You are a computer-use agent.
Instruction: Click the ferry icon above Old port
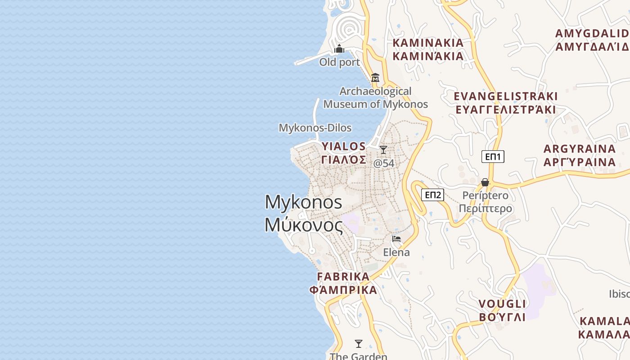coord(339,49)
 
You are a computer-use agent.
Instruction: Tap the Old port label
coord(340,62)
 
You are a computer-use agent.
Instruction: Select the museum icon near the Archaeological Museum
coord(375,77)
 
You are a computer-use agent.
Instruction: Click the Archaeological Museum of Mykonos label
coord(376,98)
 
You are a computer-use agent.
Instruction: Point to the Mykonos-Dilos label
coord(315,128)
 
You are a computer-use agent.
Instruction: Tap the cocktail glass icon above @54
coord(383,150)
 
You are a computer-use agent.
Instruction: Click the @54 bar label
coord(384,163)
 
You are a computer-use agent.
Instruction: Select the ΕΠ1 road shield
coord(493,157)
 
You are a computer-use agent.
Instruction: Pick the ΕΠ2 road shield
coord(433,195)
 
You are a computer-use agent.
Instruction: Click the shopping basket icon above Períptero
coord(485,182)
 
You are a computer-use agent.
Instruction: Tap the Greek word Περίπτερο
coord(486,208)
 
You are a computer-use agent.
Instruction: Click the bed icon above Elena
coord(396,239)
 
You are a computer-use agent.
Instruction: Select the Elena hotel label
coord(396,252)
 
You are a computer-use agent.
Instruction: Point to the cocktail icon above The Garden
coord(359,344)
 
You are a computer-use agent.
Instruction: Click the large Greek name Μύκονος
coord(304,225)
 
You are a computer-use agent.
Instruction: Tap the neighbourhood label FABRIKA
coord(343,276)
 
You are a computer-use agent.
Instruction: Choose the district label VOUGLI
coord(502,304)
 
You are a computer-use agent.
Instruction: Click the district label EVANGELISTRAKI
coord(506,96)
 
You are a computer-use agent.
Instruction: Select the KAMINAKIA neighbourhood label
coord(428,43)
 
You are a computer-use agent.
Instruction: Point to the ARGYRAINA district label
coord(580,149)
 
